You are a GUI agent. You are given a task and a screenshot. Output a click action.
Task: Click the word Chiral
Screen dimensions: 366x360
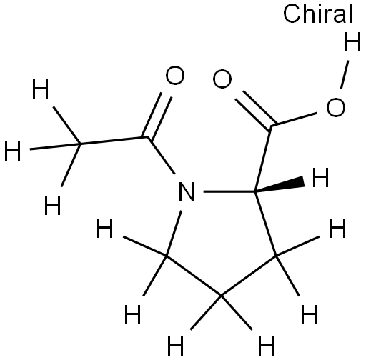coord(317,14)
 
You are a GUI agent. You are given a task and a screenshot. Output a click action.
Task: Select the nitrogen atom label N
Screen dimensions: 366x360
coord(187,192)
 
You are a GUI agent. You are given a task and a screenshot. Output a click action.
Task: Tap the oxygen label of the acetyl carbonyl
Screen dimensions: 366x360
coord(175,76)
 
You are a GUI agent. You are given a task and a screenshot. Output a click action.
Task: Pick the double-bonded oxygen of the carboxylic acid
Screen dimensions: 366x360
coord(222,79)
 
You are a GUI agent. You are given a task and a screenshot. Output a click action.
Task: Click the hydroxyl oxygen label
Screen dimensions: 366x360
coord(335,107)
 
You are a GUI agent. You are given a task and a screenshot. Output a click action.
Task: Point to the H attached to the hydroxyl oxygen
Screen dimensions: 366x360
coord(352,42)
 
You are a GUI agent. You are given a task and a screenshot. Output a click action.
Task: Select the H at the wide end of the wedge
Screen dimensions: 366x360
coord(320,177)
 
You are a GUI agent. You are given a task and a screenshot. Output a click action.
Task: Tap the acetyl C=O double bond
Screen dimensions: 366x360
coord(157,116)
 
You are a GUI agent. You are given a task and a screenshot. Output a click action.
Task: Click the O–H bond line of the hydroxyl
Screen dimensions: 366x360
coord(345,74)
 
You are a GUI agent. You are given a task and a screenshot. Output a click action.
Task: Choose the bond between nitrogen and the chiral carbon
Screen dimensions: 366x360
coord(229,191)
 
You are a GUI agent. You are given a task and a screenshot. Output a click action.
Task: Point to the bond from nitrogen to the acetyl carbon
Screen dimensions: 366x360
coord(162,155)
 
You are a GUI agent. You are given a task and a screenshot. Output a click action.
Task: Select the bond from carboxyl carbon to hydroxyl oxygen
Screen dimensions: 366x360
coord(295,119)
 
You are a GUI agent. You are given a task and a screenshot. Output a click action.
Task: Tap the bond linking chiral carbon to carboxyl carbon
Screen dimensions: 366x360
coord(263,158)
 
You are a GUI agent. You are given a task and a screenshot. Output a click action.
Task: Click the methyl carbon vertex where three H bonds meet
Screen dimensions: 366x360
coord(80,144)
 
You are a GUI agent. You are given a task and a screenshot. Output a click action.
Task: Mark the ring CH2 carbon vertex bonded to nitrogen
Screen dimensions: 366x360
coord(167,256)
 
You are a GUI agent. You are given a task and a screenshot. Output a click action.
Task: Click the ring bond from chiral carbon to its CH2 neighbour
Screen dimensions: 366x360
coord(265,224)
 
